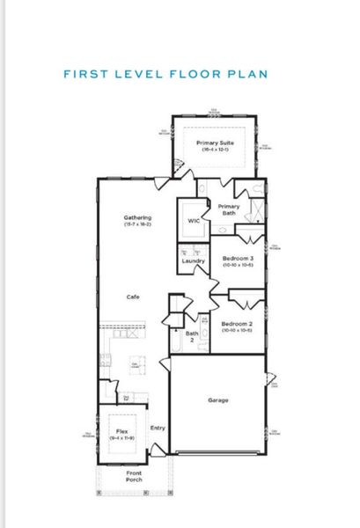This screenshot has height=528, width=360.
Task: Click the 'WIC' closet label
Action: click(194, 221)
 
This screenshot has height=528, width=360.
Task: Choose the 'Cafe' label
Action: click(134, 296)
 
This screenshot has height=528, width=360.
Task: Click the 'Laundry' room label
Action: click(194, 260)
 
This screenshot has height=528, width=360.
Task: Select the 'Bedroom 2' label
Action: click(237, 323)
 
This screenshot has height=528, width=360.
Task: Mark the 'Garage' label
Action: click(218, 400)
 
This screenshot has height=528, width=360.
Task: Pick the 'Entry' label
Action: click(158, 428)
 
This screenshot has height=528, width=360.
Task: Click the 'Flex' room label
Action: click(121, 431)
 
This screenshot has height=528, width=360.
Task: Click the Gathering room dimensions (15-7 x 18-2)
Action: click(138, 225)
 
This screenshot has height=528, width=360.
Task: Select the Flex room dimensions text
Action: click(121, 438)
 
